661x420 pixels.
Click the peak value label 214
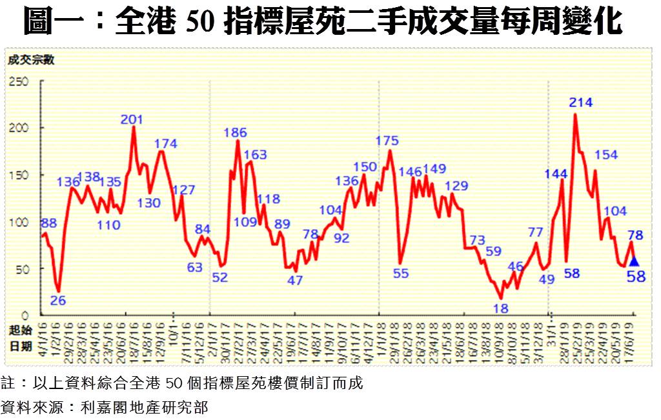(x=581, y=103)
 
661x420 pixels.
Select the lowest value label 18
(x=500, y=308)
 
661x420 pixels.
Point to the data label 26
(x=58, y=301)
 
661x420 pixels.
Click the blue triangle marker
(x=634, y=261)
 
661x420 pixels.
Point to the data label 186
(x=235, y=134)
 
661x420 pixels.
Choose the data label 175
(x=387, y=141)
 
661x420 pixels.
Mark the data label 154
(x=605, y=155)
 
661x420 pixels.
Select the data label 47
(x=295, y=281)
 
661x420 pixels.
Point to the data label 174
(x=166, y=143)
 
